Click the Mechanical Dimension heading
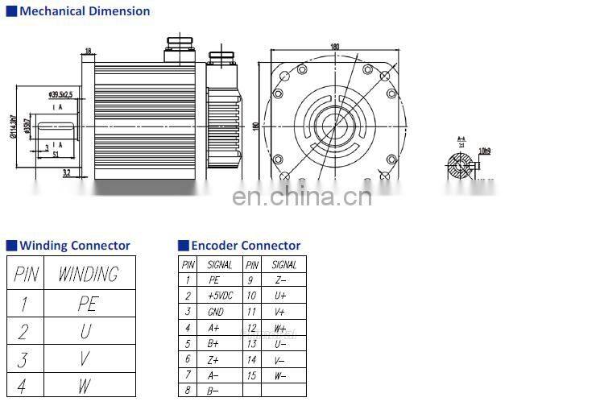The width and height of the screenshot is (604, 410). [85, 11]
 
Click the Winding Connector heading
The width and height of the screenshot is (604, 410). [74, 246]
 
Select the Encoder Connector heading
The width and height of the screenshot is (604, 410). [246, 246]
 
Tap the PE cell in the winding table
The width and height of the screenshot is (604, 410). [88, 304]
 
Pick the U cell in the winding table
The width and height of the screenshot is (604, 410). [85, 331]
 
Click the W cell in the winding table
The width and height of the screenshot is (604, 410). [85, 386]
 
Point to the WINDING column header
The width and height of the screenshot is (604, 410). [88, 274]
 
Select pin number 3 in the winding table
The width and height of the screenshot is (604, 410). [23, 358]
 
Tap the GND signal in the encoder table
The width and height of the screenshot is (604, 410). [216, 312]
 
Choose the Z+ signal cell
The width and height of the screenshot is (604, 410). [213, 359]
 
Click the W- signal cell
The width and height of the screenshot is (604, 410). [280, 375]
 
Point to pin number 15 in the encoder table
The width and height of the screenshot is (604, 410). [252, 375]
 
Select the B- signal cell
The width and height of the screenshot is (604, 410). [213, 391]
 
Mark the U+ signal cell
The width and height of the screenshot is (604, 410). [280, 296]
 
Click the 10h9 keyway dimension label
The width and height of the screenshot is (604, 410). [485, 151]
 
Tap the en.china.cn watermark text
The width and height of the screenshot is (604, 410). [302, 196]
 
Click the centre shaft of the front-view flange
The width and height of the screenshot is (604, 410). [330, 124]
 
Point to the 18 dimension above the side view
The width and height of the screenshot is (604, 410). [88, 50]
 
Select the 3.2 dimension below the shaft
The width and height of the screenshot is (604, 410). [66, 172]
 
